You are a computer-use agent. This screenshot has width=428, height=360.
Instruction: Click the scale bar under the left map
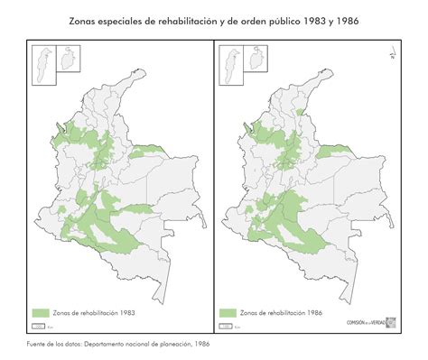pos(39,326)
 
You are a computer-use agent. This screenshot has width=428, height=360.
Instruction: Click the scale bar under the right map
pos(226,326)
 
